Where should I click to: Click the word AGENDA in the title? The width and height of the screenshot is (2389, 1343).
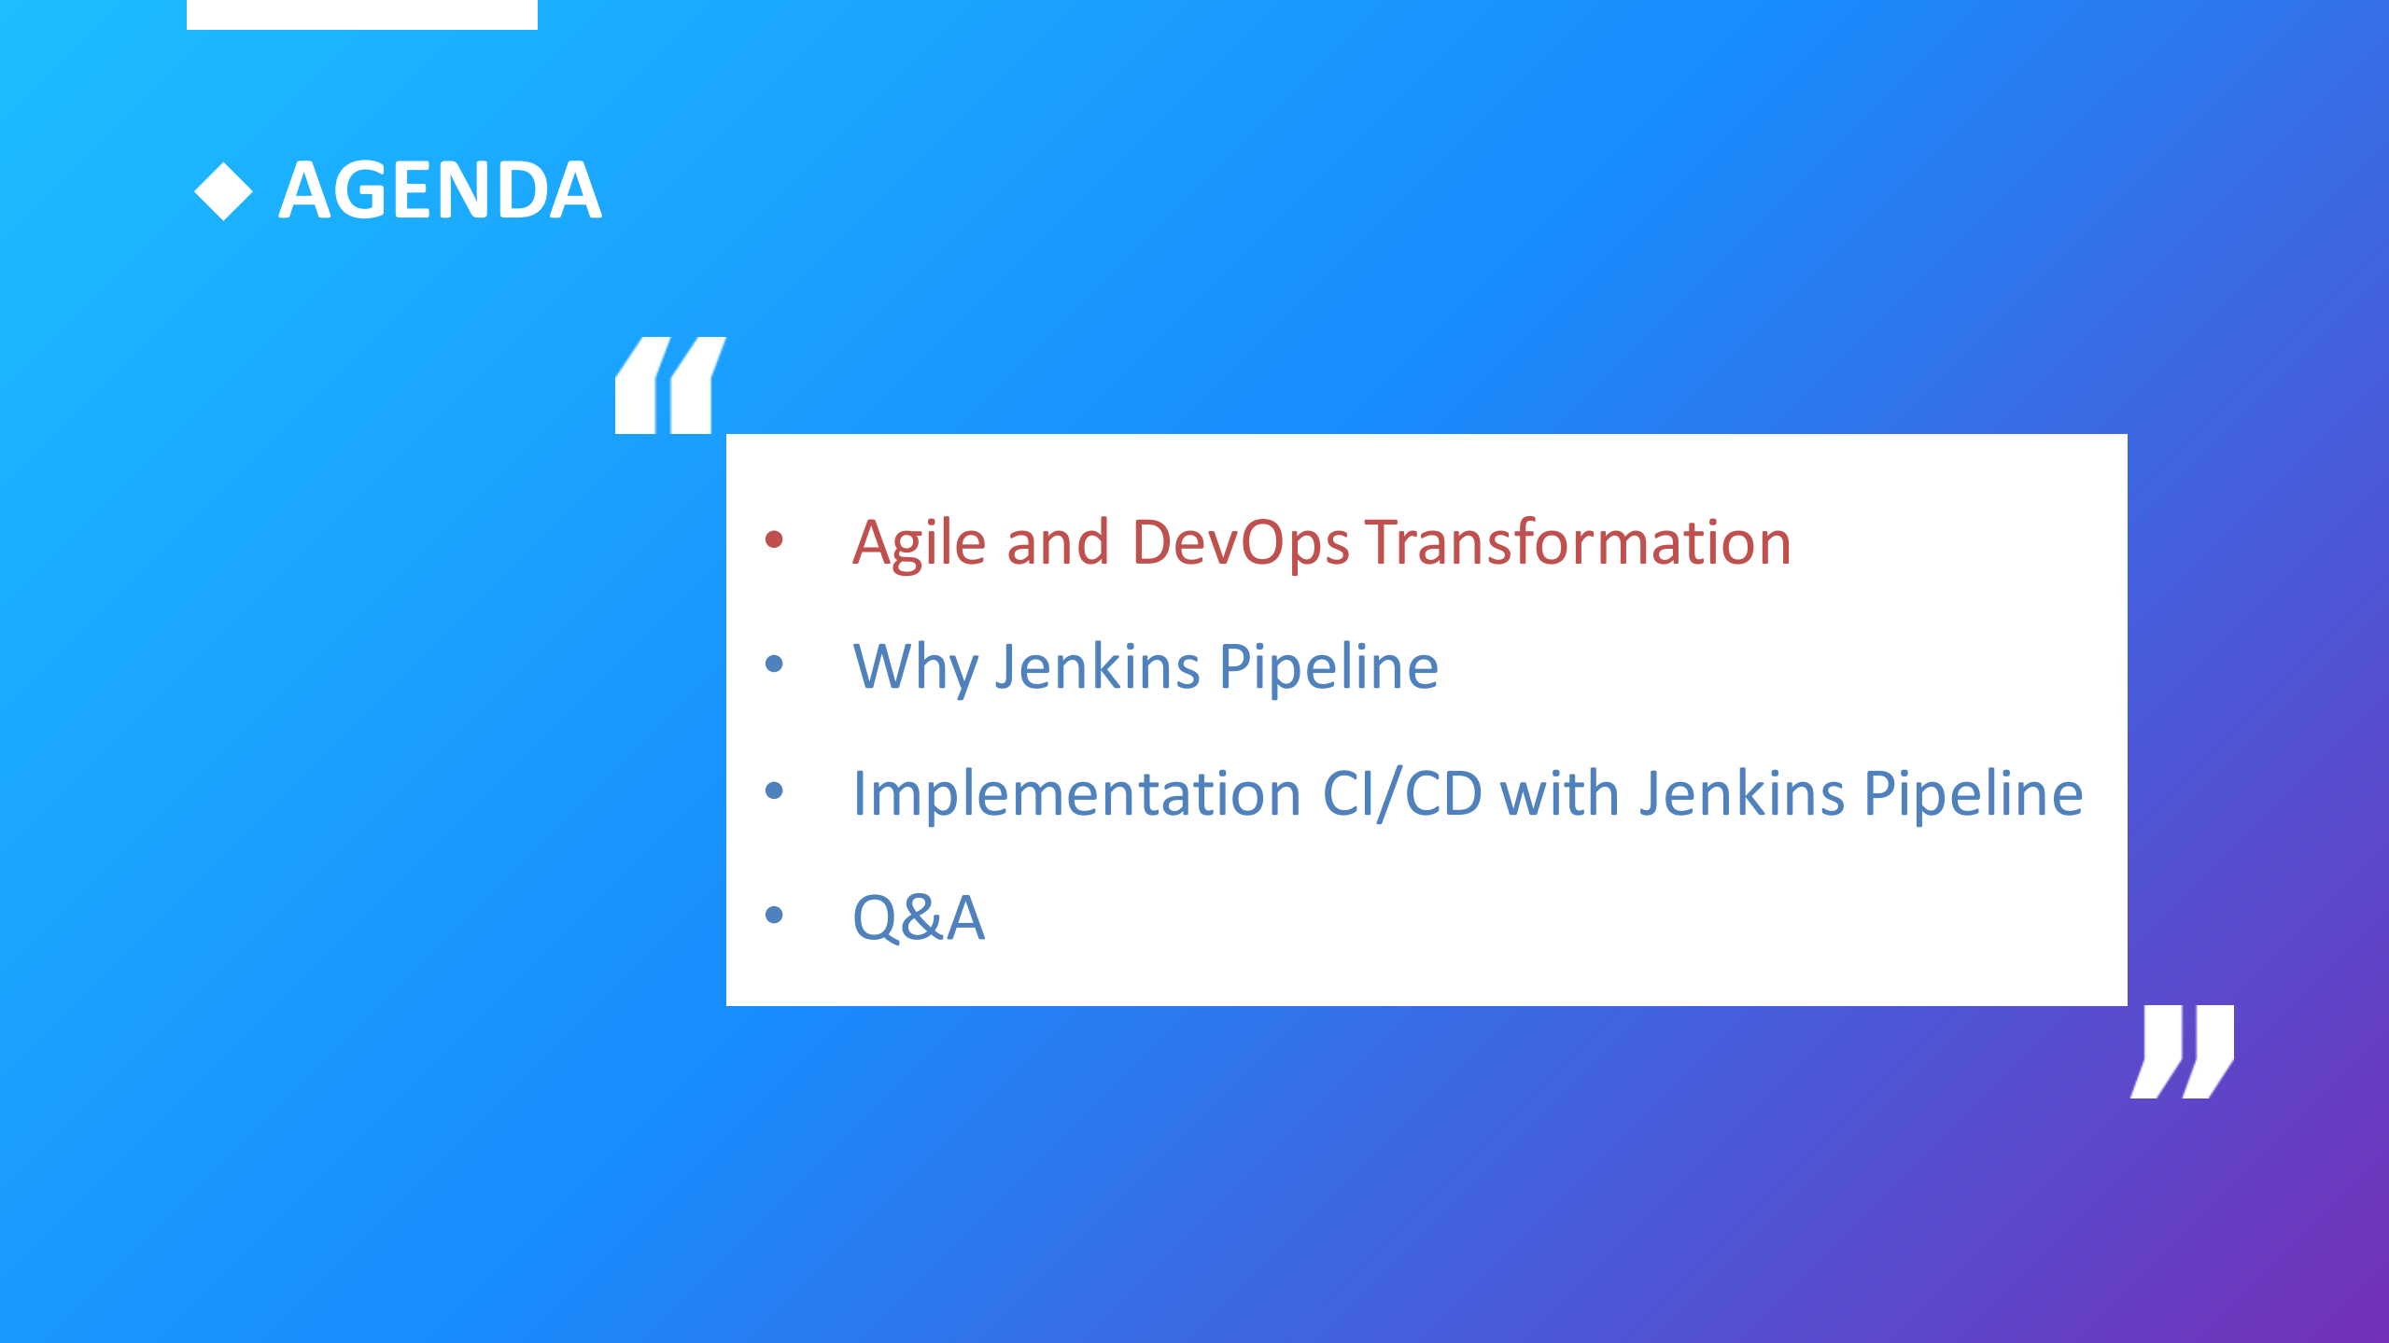tap(440, 190)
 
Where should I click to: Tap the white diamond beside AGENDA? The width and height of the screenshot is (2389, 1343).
tap(223, 191)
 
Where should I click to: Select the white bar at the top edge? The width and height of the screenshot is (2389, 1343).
tap(362, 14)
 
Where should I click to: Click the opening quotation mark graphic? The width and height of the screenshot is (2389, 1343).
tap(669, 385)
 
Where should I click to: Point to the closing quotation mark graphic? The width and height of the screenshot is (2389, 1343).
tap(2183, 1051)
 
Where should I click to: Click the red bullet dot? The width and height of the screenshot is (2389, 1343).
tap(774, 539)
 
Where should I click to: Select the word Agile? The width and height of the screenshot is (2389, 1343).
tap(920, 543)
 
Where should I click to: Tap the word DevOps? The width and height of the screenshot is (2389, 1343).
tap(1240, 543)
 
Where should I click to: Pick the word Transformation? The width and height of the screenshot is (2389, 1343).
tap(1579, 542)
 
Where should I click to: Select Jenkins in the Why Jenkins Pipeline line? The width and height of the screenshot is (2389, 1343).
tap(1097, 666)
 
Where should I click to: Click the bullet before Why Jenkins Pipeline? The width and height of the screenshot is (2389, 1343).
tap(774, 664)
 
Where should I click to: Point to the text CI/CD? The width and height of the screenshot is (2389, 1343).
tap(1402, 794)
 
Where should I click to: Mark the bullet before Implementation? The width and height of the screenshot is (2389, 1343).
tap(774, 790)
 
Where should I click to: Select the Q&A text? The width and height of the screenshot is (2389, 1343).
tap(919, 917)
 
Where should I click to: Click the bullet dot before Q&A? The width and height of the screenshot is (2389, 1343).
tap(774, 915)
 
